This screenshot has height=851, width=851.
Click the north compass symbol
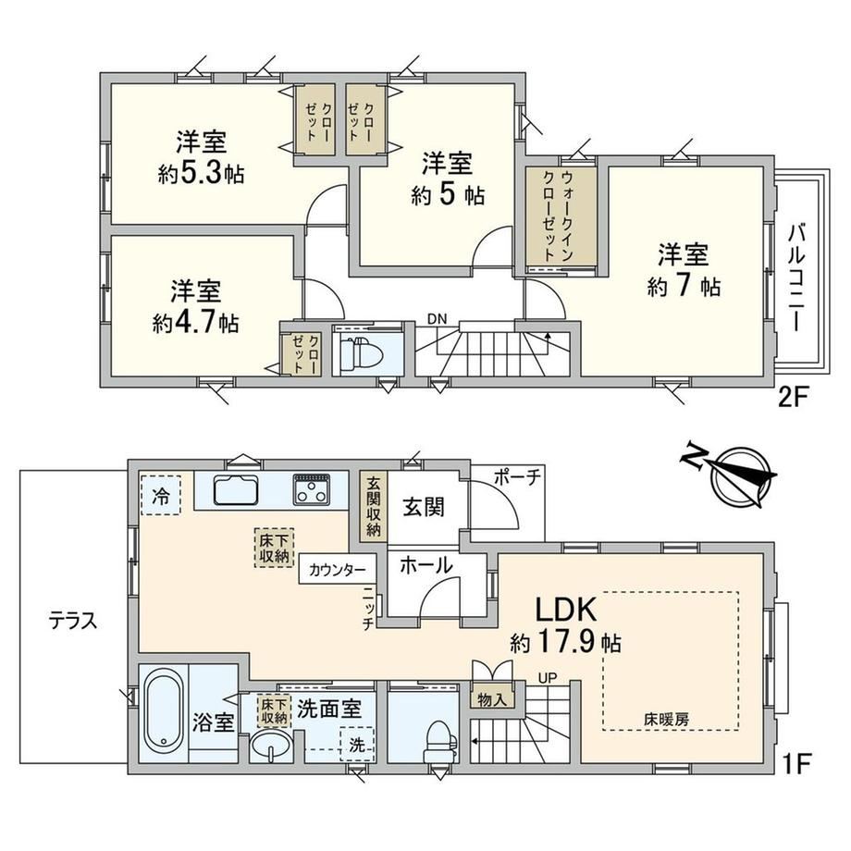point(734,475)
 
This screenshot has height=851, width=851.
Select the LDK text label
point(567,609)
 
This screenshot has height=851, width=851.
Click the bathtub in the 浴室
point(163,712)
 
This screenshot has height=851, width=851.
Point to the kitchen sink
point(237,489)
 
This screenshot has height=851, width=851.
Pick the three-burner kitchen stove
point(312,489)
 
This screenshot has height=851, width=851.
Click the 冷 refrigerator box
point(161,495)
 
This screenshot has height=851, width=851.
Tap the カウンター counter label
point(337,570)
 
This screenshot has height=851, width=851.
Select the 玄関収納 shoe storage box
point(374,506)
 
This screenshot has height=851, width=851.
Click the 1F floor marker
point(796,764)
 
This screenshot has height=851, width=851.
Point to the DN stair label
point(437,319)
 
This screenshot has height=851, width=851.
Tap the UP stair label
point(548,678)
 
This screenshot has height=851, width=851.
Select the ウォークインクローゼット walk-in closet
point(561,216)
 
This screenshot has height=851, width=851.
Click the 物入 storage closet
point(492,699)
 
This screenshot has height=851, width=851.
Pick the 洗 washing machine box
point(357,744)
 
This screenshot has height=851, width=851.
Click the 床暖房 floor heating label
point(667,721)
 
